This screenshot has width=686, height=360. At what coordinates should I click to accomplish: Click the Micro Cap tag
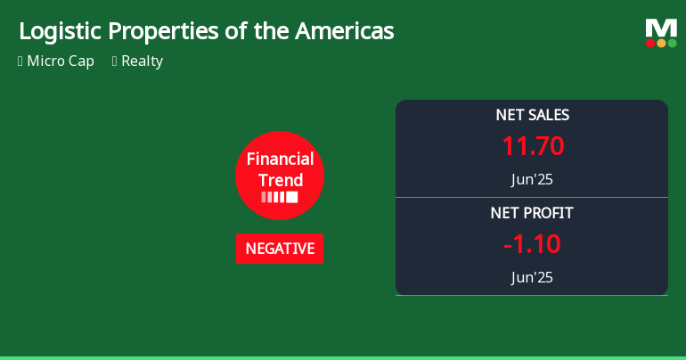[60, 61]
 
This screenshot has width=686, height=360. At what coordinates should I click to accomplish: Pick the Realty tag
[142, 61]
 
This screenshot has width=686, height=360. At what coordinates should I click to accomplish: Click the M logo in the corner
[661, 28]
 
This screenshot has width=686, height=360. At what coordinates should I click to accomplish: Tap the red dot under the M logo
[650, 43]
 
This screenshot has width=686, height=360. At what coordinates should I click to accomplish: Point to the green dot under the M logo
[672, 43]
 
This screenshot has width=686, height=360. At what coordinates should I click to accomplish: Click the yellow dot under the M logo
[661, 43]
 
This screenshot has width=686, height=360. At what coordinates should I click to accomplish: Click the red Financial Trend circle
[280, 176]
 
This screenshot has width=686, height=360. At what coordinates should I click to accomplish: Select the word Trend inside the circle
[280, 180]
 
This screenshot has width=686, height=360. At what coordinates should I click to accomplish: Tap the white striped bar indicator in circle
[280, 197]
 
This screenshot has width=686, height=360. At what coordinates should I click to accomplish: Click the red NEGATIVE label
[280, 249]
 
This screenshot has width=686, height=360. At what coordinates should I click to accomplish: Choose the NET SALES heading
[532, 115]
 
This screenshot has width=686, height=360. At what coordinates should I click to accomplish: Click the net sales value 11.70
[532, 146]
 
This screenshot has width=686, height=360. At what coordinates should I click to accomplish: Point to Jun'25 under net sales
[532, 179]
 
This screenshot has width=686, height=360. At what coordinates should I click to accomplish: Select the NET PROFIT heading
[532, 213]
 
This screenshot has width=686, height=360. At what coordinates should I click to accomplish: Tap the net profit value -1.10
[532, 244]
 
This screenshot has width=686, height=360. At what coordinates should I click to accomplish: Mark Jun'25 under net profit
[532, 277]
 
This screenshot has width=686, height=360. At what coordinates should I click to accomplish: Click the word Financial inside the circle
[280, 160]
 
